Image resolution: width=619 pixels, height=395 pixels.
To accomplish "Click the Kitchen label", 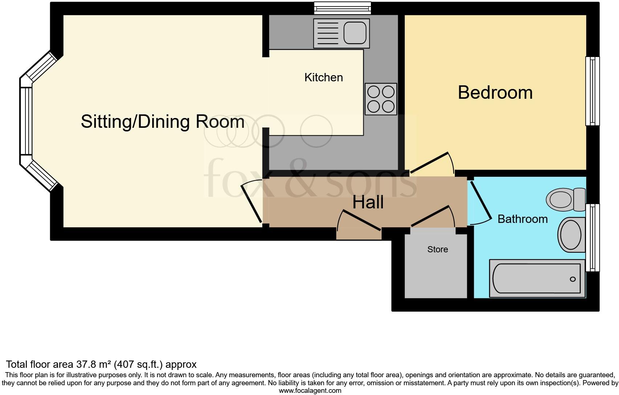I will pos(323,77).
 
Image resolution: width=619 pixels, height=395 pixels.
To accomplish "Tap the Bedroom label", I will pos(495,93).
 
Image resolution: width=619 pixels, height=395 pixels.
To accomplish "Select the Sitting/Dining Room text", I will pos(162,122).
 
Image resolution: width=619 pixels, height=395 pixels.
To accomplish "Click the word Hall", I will pos(368,202).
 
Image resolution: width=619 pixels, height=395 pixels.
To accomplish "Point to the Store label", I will pos(437,249).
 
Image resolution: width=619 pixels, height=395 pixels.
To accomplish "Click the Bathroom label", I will pos(522,219).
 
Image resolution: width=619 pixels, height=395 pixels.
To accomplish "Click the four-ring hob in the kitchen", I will pos(381,99).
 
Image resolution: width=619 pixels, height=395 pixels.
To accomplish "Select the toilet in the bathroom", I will pos(565,199).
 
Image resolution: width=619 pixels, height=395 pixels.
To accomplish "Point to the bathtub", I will pos(537,278).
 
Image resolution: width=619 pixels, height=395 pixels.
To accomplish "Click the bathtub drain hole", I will pos(573,279).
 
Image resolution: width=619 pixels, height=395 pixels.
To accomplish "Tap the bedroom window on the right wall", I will pos(592,91).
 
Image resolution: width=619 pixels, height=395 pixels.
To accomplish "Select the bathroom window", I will pos(592,238).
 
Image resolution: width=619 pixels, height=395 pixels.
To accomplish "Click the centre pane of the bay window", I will pos(26,121).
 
